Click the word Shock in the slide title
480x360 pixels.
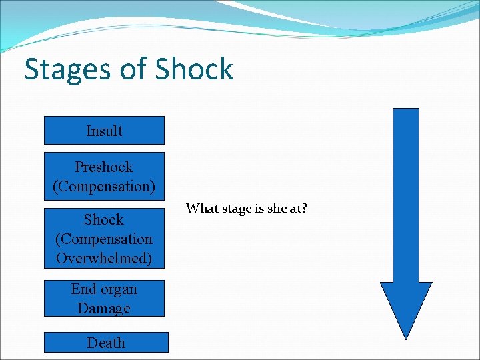[x=194, y=69]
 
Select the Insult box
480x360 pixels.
[x=104, y=131]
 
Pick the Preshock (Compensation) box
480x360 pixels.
[x=104, y=177]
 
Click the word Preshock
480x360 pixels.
[x=104, y=167]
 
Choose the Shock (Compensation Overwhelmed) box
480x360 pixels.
[x=104, y=239]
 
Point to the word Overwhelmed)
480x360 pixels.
[x=104, y=258]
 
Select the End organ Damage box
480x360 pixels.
[x=104, y=299]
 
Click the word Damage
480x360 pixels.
[x=104, y=308]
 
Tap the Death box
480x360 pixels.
[x=106, y=343]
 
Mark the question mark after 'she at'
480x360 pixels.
[x=304, y=209]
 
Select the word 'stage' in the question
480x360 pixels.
[x=233, y=209]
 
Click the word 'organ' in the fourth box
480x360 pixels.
[x=119, y=289]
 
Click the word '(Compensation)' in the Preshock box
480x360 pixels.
[x=104, y=187]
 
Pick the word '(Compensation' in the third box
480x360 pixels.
[x=104, y=239]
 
